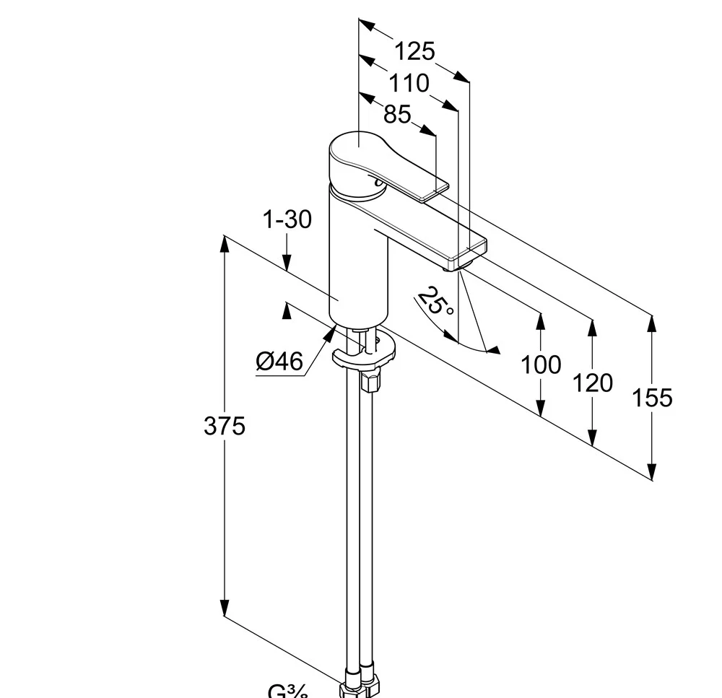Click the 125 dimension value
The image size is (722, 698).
coord(415,51)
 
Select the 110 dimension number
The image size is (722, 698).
coord(409,84)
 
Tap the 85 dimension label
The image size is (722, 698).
coord(397,114)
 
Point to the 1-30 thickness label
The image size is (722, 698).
coord(287,219)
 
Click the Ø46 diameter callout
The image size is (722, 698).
coord(279,360)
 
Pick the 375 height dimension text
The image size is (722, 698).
coord(225,426)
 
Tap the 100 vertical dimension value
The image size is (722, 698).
coord(541,365)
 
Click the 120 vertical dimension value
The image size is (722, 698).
coord(592,383)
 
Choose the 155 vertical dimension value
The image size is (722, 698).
coord(652,397)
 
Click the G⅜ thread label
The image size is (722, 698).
coord(288,692)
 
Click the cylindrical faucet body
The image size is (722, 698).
coord(359,260)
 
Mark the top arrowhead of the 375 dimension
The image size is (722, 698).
coord(225,243)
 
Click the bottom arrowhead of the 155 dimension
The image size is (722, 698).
coord(652,472)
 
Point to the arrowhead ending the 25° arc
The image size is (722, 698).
coord(494,350)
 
